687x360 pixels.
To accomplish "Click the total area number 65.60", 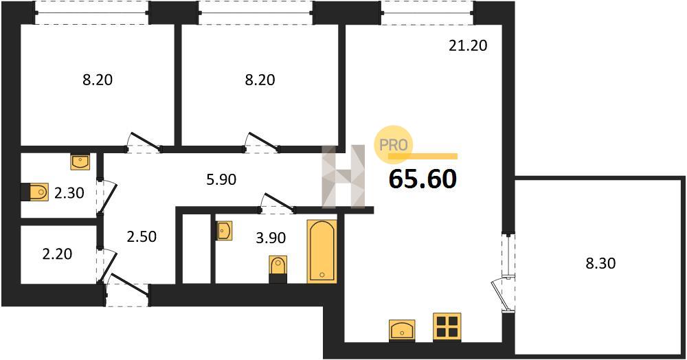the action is coord(423,179).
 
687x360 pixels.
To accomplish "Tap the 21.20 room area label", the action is coord(468,45).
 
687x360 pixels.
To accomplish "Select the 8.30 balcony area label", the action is coord(600,263).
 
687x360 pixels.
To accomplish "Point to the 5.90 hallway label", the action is coord(221,179).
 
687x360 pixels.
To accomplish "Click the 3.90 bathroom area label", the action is coord(271,238).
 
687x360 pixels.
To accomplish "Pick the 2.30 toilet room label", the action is coord(69,192).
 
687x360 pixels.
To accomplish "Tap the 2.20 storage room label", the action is coord(58,254).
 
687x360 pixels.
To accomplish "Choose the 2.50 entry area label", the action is coord(142,236).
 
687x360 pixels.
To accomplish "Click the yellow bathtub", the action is coord(322,251).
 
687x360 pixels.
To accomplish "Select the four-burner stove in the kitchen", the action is coord(447,327).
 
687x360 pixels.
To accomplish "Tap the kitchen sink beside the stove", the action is coord(402,330).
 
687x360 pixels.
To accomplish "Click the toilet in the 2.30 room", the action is coord(34,192).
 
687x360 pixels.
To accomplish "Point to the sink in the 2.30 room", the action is coord(80,161).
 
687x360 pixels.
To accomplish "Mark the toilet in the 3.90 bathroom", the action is coord(278,269).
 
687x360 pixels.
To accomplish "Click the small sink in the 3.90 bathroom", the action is coord(224,230).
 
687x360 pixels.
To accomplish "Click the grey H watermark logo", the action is coord(343,176).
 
